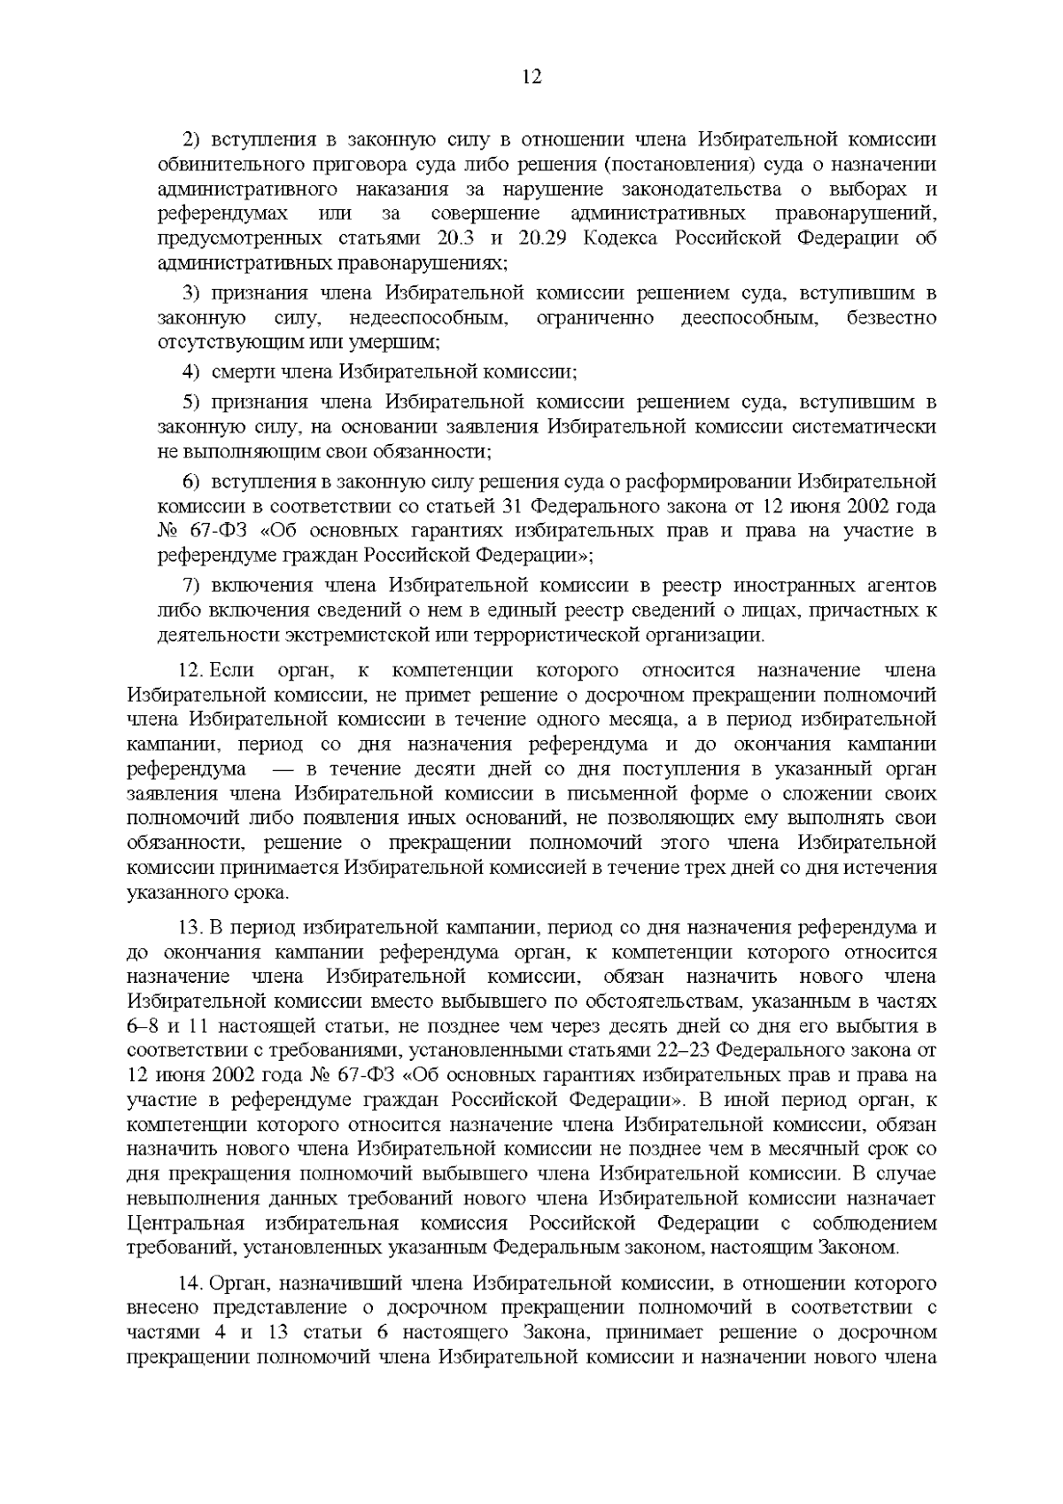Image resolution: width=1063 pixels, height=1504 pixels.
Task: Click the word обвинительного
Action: pos(225,165)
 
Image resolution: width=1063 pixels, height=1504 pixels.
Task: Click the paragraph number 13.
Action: pos(192,928)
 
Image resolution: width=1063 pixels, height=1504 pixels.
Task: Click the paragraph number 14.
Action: pos(192,1282)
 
